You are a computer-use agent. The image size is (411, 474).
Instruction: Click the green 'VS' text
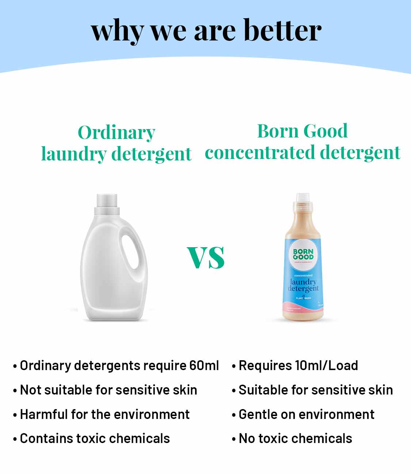206,257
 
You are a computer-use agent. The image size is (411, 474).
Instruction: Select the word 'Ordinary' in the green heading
117,133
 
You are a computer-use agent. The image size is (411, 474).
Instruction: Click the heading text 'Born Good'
302,131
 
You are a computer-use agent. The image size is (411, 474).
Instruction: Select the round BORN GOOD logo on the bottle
303,255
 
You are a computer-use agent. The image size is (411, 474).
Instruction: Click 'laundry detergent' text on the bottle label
303,285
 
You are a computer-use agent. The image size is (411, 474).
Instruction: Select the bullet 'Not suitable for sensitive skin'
109,390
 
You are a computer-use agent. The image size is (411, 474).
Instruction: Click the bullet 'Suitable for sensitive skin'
316,390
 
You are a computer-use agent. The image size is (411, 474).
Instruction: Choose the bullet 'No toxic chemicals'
295,438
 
